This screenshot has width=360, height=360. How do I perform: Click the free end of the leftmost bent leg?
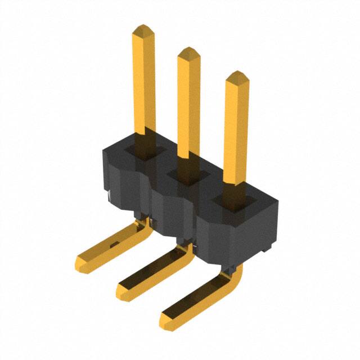tap(84, 262)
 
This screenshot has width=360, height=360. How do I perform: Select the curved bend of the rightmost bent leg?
tap(236, 276)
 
